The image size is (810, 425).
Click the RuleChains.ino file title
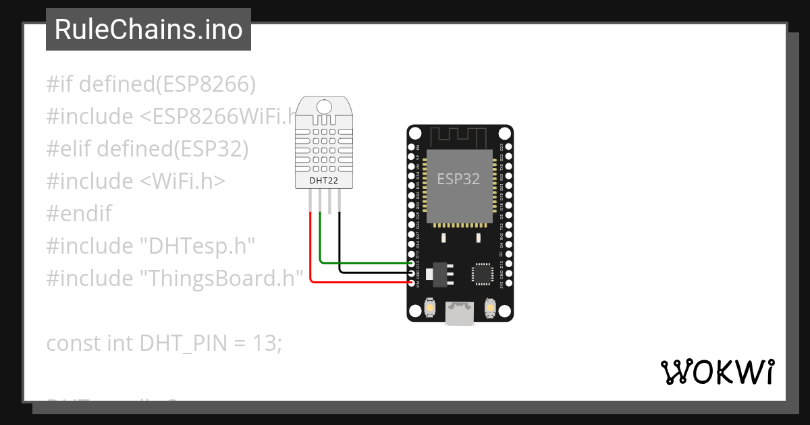pos(148,30)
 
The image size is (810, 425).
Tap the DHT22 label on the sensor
pos(324,181)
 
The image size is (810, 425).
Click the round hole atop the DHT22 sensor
pos(325,106)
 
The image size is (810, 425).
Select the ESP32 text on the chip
pos(458,179)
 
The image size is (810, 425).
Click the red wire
pos(310,256)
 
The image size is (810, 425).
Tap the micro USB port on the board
pos(459,313)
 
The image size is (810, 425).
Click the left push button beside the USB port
pos(429,309)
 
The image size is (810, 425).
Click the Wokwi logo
pos(716,372)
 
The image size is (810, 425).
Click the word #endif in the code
pos(79,214)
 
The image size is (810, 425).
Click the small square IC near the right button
pos(483,273)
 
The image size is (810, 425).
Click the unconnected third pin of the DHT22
pos(329,202)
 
